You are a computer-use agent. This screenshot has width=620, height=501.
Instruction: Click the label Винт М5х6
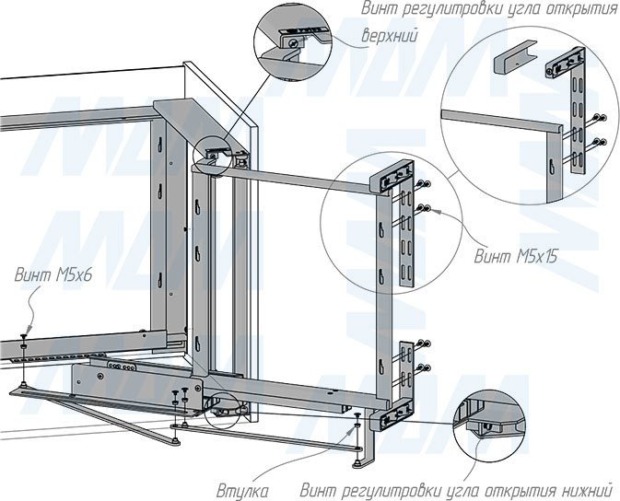(x=53, y=274)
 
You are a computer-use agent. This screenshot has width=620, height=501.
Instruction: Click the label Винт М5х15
(x=516, y=257)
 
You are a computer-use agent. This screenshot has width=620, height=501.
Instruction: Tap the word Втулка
(x=242, y=492)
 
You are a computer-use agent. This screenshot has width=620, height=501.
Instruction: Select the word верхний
(x=390, y=37)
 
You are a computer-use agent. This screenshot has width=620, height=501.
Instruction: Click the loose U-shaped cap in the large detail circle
(x=514, y=55)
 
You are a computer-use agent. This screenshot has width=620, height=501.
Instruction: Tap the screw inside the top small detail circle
(x=292, y=43)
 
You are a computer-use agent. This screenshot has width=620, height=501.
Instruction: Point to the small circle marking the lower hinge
(x=224, y=410)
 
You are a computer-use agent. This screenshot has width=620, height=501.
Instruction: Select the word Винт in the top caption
(x=378, y=9)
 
